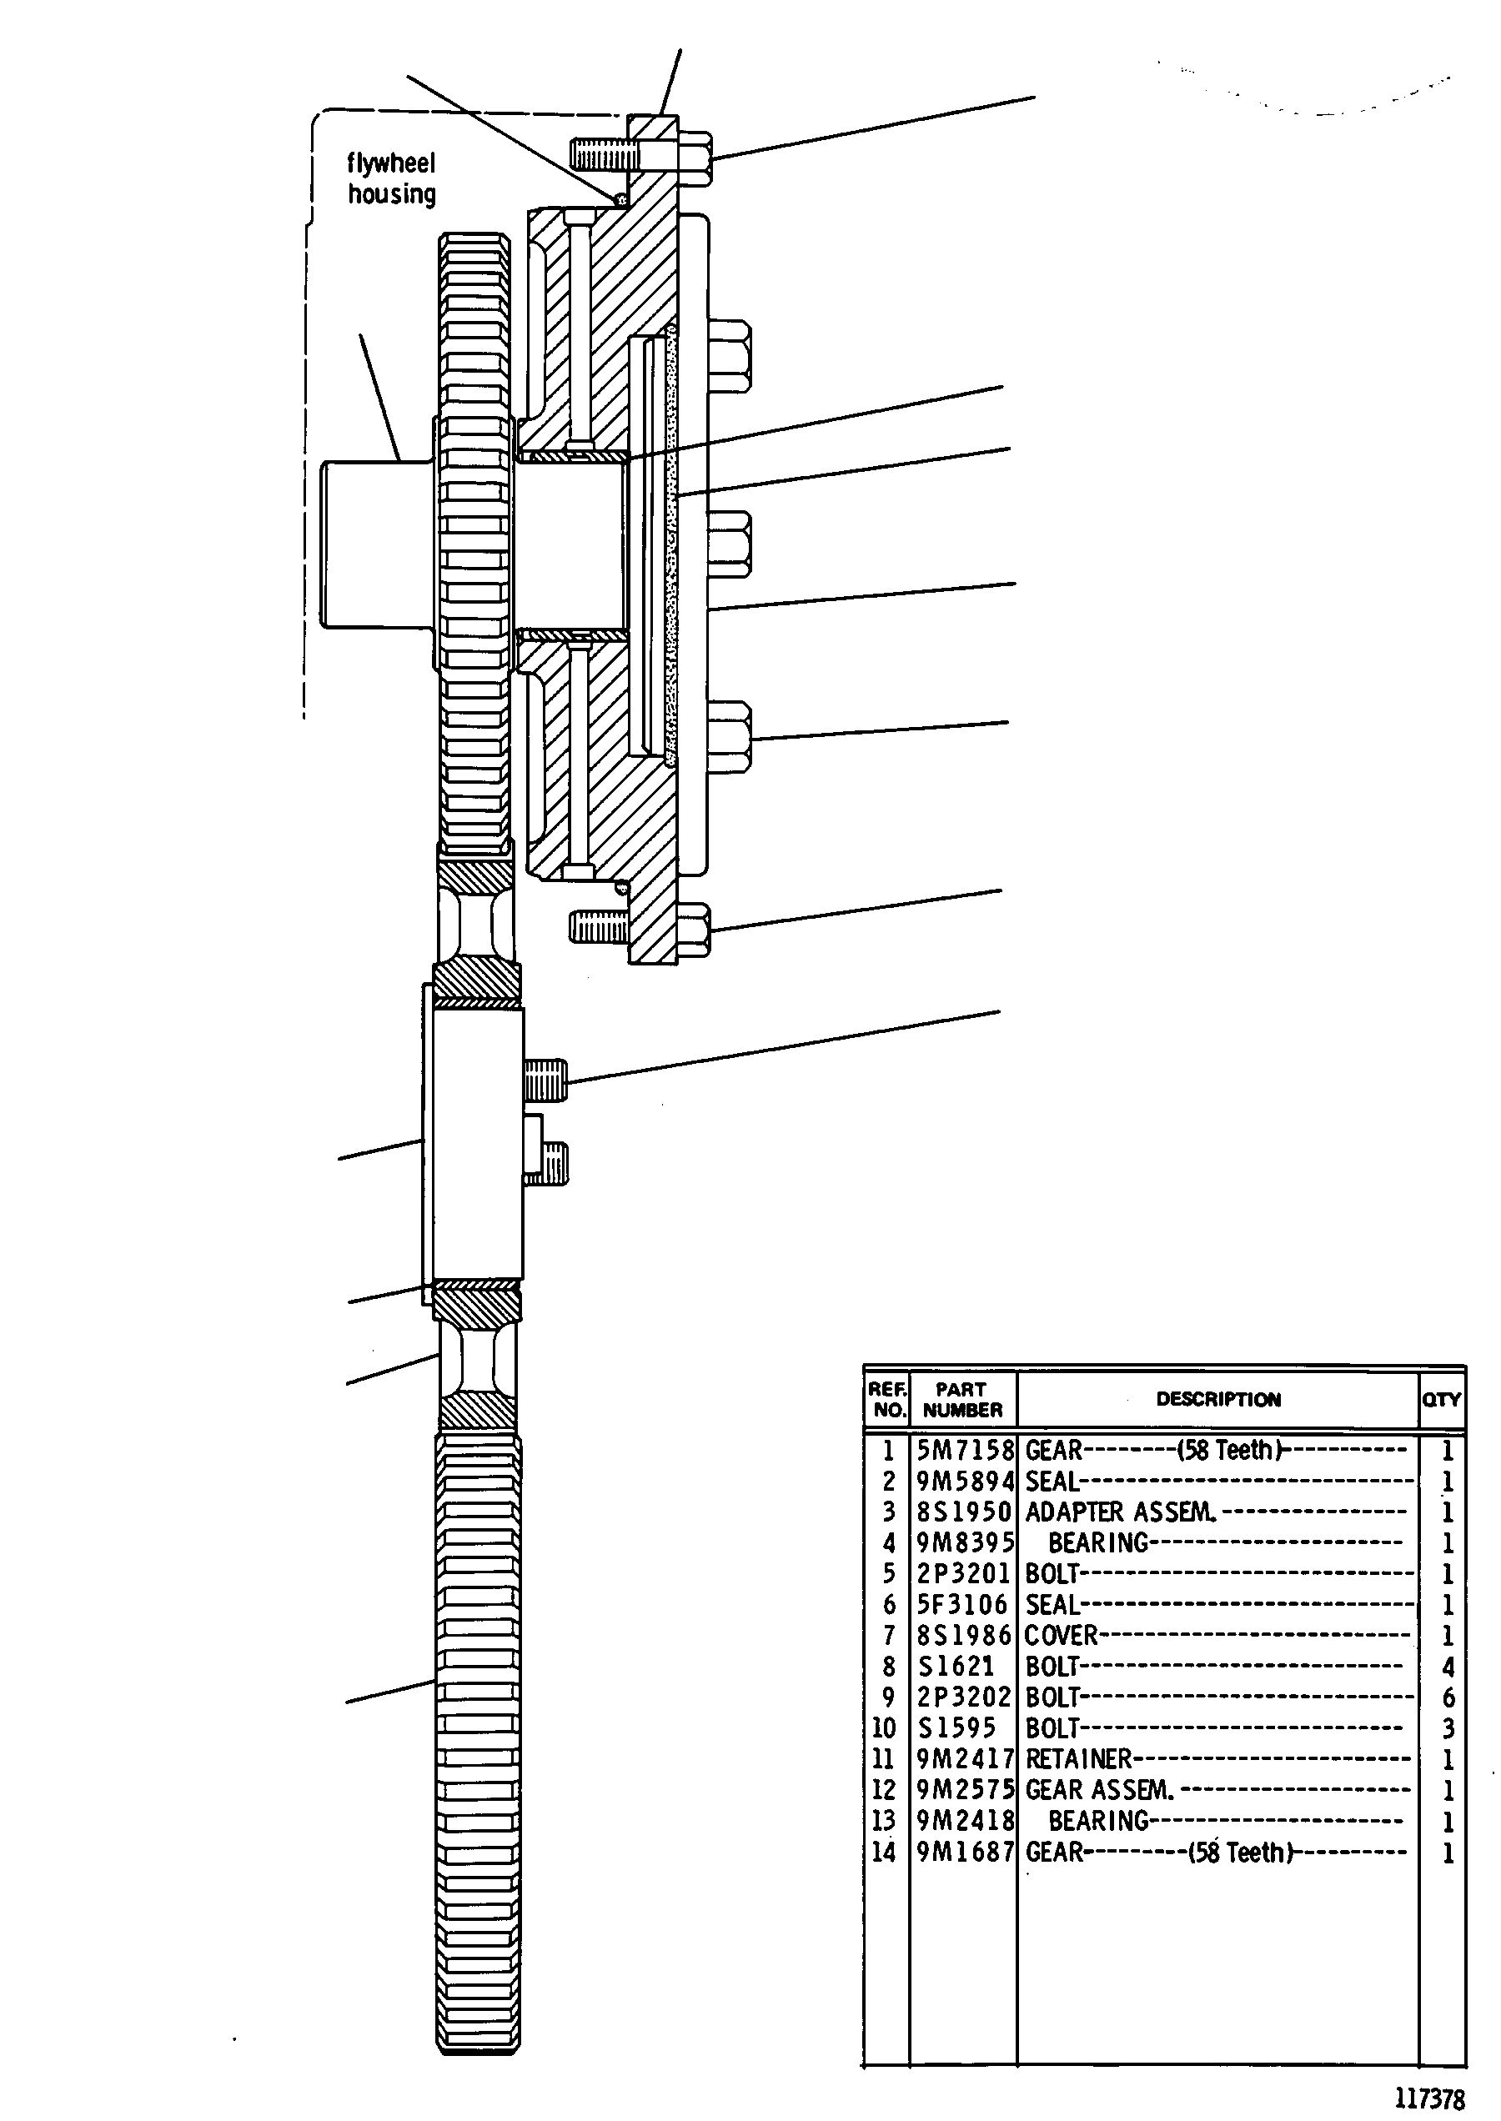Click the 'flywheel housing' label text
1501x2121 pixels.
pos(391,178)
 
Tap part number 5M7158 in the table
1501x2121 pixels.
pos(965,1450)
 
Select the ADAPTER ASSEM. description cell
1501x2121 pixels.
pos(1120,1512)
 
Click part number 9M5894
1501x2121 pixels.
pos(965,1482)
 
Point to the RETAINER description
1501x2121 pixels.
pos(1078,1758)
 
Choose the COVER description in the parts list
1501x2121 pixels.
pos(1061,1636)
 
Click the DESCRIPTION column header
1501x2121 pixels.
pos(1218,1399)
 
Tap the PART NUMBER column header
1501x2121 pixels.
pos(962,1399)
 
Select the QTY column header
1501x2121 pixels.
pos(1441,1399)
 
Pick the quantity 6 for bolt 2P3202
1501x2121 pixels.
pos(1448,1697)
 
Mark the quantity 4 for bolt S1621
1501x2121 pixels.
pos(1448,1667)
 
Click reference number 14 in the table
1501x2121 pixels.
pos(884,1852)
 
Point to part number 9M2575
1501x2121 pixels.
pos(965,1790)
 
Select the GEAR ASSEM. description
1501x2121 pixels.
pos(1099,1790)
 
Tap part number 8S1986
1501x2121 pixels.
pos(964,1636)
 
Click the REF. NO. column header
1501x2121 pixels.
pos(887,1399)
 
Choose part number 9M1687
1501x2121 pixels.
pos(965,1852)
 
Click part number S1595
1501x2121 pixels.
pos(956,1728)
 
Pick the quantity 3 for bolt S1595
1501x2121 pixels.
pos(1448,1728)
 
